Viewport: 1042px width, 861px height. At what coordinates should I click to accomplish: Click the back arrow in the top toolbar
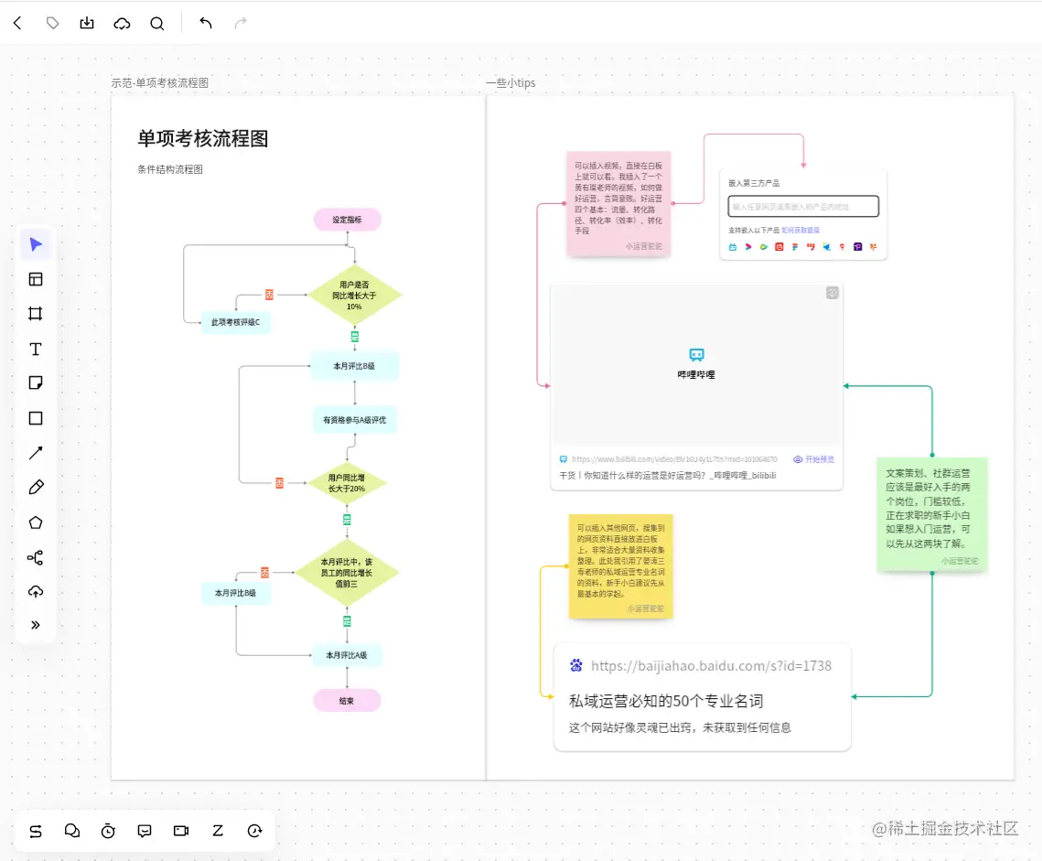[x=17, y=24]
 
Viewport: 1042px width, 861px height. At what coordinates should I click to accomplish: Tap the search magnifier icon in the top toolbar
[x=157, y=24]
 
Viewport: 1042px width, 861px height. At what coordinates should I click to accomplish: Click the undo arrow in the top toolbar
[x=205, y=24]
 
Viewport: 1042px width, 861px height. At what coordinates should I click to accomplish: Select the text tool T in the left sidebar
[x=36, y=349]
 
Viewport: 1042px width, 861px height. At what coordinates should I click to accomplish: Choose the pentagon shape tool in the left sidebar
[x=36, y=522]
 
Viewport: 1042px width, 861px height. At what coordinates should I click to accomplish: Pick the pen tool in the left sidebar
[x=36, y=487]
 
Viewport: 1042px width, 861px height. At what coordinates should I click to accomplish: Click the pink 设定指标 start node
[x=347, y=220]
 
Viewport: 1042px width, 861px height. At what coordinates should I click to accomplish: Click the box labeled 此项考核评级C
[x=235, y=322]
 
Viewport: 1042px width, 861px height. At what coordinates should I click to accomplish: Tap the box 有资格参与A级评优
[x=354, y=420]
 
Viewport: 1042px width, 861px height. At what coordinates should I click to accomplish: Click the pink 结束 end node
[x=347, y=701]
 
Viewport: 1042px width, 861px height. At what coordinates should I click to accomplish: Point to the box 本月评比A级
[x=347, y=655]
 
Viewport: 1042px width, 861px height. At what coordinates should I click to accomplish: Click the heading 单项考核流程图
[x=203, y=139]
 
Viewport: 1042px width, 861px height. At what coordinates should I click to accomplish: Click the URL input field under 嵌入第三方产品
[x=803, y=207]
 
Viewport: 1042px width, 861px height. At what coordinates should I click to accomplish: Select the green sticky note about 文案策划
[x=931, y=513]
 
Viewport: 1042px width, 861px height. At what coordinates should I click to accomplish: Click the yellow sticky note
[x=620, y=565]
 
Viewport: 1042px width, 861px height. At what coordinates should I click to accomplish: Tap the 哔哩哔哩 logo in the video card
[x=696, y=355]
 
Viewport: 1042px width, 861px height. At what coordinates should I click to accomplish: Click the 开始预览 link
[x=813, y=459]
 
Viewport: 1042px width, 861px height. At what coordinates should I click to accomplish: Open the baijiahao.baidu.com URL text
[x=711, y=666]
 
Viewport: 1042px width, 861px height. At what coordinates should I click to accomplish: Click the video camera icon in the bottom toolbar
[x=181, y=831]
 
